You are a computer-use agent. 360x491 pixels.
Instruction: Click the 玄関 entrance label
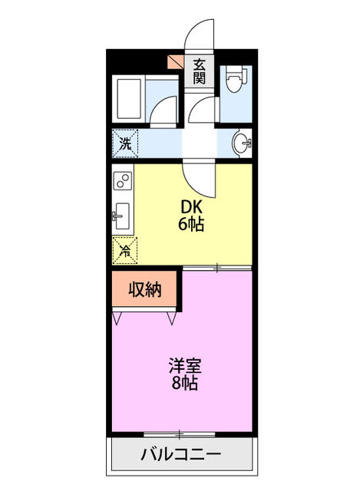click(x=199, y=71)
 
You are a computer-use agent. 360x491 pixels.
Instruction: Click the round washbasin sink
click(x=242, y=143)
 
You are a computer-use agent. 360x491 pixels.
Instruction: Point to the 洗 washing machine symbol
click(x=124, y=142)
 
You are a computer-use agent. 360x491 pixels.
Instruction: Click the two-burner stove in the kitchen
click(x=122, y=181)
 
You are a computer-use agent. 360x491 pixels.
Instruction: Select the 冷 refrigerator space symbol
click(x=124, y=248)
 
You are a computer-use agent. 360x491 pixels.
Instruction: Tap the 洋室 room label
click(x=185, y=365)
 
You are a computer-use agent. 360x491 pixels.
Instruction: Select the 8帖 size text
click(x=185, y=384)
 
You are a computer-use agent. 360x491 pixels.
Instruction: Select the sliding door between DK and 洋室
click(x=217, y=268)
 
